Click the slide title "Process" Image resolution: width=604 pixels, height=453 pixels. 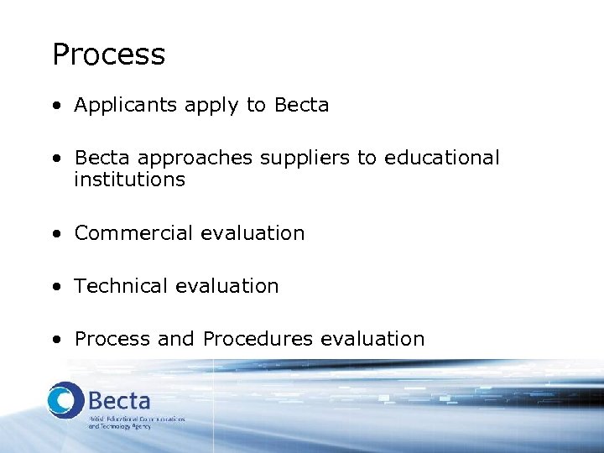(108, 55)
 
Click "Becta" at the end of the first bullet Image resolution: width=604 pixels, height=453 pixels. (301, 106)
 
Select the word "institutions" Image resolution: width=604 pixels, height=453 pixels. (129, 180)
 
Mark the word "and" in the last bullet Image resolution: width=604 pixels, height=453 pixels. (175, 339)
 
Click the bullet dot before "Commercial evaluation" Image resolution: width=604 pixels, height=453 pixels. (55, 234)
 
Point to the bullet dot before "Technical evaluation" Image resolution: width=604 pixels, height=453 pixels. (55, 287)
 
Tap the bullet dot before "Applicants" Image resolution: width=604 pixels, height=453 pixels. (55, 107)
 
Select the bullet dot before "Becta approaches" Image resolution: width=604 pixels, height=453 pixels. (55, 159)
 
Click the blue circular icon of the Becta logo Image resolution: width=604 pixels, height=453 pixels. (65, 401)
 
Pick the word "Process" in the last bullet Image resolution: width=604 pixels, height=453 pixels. (112, 339)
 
